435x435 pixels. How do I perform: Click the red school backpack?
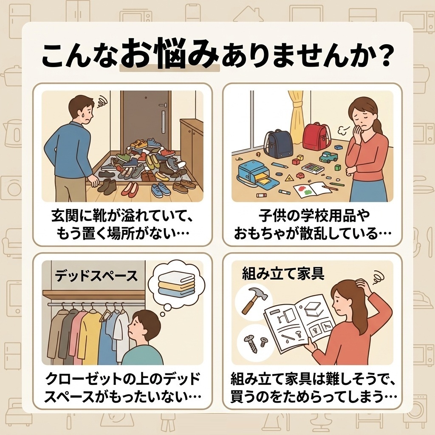pyautogui.click(x=317, y=137)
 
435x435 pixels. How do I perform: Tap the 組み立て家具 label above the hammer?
pyautogui.click(x=283, y=274)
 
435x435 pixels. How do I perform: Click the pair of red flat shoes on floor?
pyautogui.click(x=130, y=189)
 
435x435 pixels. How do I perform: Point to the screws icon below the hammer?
pyautogui.click(x=255, y=342)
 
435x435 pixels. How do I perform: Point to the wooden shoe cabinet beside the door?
pyautogui.click(x=192, y=150)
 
